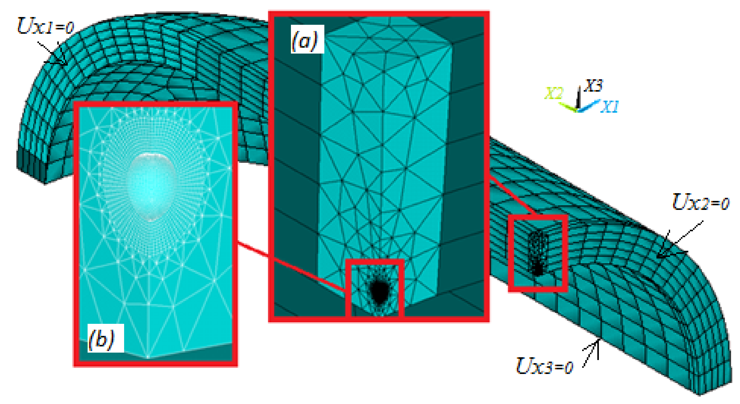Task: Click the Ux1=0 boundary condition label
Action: [x=45, y=26]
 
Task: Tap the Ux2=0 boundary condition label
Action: [x=700, y=202]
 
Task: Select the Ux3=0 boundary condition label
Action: [x=544, y=366]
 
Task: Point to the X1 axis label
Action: [x=609, y=107]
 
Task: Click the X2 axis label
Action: [x=554, y=93]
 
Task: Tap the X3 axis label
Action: [x=594, y=85]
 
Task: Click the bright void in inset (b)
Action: [x=151, y=186]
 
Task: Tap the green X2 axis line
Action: [x=568, y=106]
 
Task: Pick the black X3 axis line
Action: [x=578, y=98]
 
